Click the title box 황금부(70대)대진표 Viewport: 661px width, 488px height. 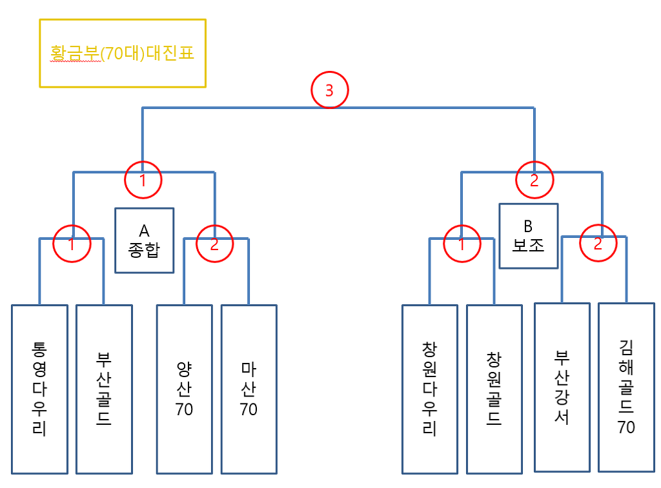click(123, 53)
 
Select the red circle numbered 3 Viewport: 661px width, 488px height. click(329, 91)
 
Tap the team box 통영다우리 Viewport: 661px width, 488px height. click(39, 389)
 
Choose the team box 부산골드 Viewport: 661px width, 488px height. click(104, 389)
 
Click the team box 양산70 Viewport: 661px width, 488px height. click(184, 389)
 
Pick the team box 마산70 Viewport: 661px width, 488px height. click(249, 389)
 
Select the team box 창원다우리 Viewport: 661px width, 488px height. click(429, 389)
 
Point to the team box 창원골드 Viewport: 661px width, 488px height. click(494, 389)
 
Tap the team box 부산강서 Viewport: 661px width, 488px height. click(562, 387)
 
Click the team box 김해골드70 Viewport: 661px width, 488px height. click(626, 387)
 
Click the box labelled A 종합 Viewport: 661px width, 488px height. click(144, 240)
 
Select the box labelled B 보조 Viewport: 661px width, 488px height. click(529, 236)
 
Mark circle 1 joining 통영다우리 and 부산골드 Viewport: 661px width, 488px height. click(72, 244)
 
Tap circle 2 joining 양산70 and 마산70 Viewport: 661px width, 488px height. click(214, 244)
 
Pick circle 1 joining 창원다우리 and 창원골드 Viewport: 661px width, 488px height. click(462, 244)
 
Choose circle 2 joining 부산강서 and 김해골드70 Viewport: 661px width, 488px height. click(598, 243)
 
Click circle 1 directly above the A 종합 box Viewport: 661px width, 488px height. click(143, 181)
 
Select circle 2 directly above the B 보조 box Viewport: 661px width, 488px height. click(534, 181)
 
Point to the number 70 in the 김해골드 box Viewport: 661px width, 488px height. click(626, 427)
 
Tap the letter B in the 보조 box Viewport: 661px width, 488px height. click(529, 226)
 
